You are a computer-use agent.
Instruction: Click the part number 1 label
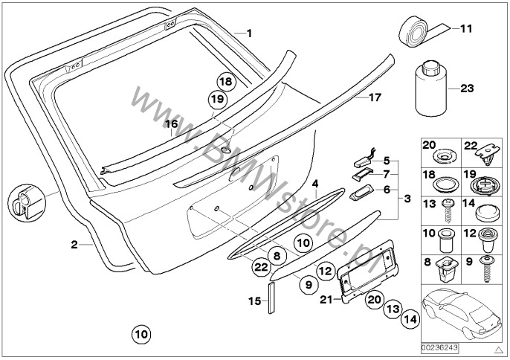pyautogui.click(x=250, y=33)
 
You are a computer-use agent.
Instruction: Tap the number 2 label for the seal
pyautogui.click(x=74, y=244)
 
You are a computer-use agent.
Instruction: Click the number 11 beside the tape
pyautogui.click(x=466, y=30)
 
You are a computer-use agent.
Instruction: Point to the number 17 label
pyautogui.click(x=375, y=97)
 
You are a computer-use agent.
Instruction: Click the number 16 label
pyautogui.click(x=172, y=124)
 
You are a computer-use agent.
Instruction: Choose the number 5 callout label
pyautogui.click(x=387, y=160)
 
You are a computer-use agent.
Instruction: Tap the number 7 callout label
pyautogui.click(x=387, y=175)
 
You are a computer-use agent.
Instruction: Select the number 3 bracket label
pyautogui.click(x=407, y=199)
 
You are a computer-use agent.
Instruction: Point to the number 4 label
pyautogui.click(x=315, y=183)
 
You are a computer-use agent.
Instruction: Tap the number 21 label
pyautogui.click(x=324, y=299)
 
